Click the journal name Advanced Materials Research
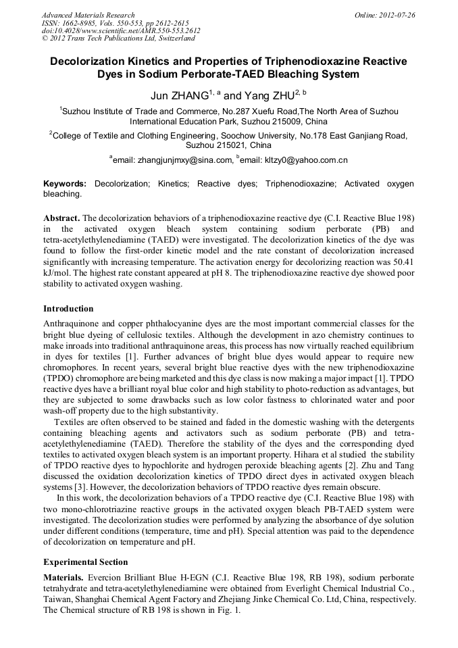[x=88, y=15]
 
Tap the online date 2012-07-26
[x=396, y=15]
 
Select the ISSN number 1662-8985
[x=81, y=23]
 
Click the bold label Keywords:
[x=65, y=184]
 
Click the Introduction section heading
[x=68, y=309]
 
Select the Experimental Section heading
[x=85, y=562]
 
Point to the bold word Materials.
[x=63, y=578]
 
